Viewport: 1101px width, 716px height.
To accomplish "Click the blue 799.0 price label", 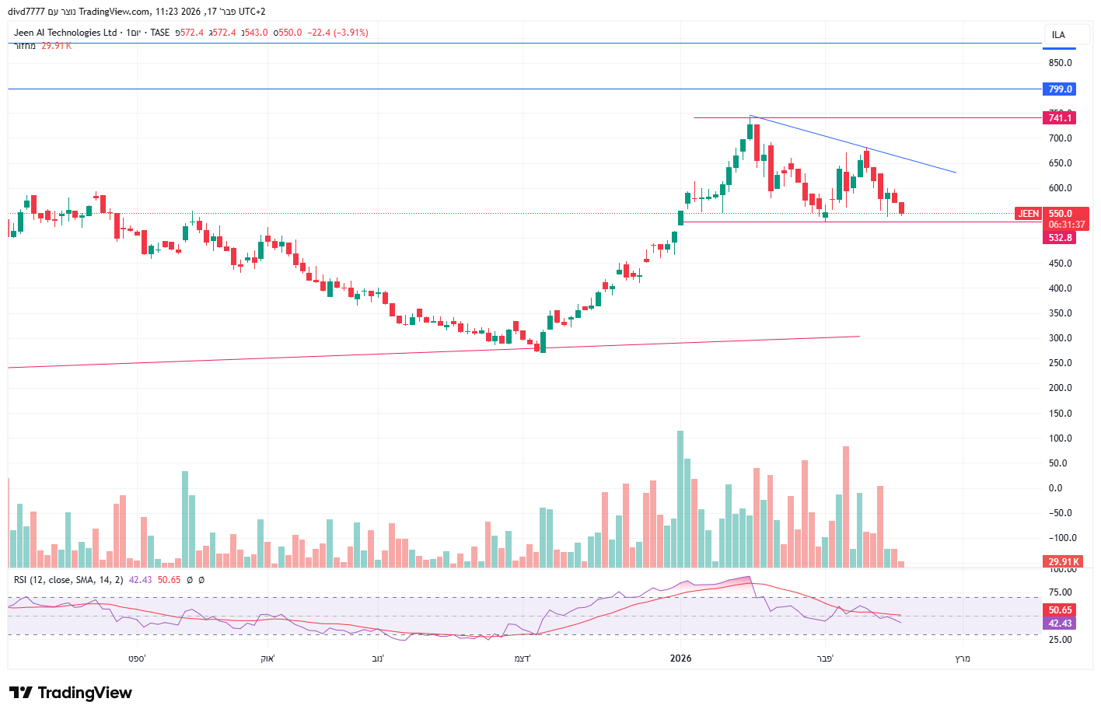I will point(1059,89).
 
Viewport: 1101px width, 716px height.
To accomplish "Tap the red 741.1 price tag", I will point(1059,118).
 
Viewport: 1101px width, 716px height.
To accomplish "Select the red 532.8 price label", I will point(1059,238).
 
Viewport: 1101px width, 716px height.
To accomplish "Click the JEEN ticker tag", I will point(1028,214).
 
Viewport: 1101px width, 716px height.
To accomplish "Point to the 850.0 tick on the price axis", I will point(1060,63).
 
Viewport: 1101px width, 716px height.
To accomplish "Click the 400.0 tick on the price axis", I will point(1060,288).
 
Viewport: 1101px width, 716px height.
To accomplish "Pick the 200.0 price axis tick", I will point(1060,388).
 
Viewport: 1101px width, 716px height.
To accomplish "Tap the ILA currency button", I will point(1058,35).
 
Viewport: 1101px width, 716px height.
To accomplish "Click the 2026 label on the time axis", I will point(680,658).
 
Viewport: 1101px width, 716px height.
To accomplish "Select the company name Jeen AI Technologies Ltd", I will point(65,33).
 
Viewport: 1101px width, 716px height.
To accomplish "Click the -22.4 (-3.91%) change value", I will point(338,33).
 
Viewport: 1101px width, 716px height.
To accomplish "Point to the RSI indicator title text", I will point(68,580).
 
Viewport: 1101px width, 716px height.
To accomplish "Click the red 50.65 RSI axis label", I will point(1060,610).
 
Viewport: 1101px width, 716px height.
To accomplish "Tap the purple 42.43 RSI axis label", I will point(1060,623).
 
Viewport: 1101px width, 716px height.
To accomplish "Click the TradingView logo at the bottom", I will point(71,693).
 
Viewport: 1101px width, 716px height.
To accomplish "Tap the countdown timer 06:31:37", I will point(1066,225).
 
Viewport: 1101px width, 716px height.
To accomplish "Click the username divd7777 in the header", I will point(26,12).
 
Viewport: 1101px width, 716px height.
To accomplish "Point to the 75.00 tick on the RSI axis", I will point(1060,592).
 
